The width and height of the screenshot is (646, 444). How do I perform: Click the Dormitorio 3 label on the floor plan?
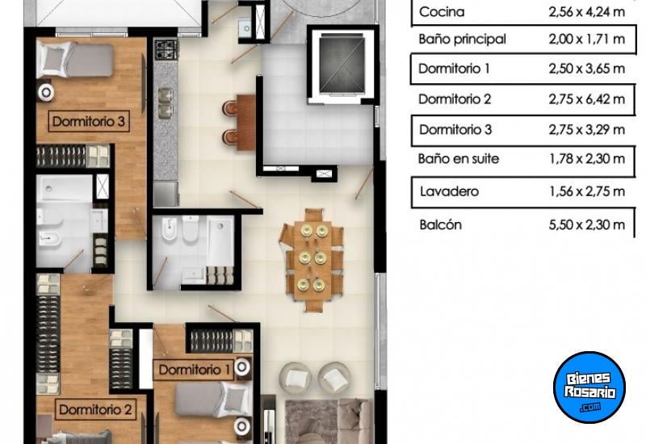click(x=89, y=121)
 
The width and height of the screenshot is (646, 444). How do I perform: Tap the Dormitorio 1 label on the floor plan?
click(x=194, y=370)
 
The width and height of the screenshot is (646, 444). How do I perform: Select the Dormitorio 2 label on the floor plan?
click(x=95, y=409)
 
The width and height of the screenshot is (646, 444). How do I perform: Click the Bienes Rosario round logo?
click(x=589, y=387)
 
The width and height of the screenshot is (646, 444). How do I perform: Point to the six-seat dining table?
click(x=312, y=260)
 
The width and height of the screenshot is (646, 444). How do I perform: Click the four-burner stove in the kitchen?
click(x=166, y=49)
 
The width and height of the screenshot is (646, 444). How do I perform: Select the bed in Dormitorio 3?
click(x=74, y=60)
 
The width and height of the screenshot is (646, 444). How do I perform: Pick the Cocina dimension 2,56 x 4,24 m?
click(x=587, y=11)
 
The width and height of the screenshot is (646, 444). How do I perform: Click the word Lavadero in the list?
click(x=449, y=191)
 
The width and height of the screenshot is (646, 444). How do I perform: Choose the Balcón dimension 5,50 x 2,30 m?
click(x=587, y=224)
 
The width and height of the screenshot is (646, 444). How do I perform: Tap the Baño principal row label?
click(x=462, y=39)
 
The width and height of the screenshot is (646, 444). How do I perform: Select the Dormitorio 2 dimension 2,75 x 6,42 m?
click(x=587, y=98)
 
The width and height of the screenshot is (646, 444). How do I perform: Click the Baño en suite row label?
click(x=459, y=158)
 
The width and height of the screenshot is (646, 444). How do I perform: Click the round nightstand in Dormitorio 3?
click(x=46, y=92)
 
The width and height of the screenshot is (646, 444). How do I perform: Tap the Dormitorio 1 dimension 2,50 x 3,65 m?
click(x=587, y=69)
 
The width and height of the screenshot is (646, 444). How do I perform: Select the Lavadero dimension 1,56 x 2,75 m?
click(x=587, y=191)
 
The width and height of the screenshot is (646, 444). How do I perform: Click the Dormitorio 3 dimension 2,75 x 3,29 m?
click(x=587, y=129)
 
